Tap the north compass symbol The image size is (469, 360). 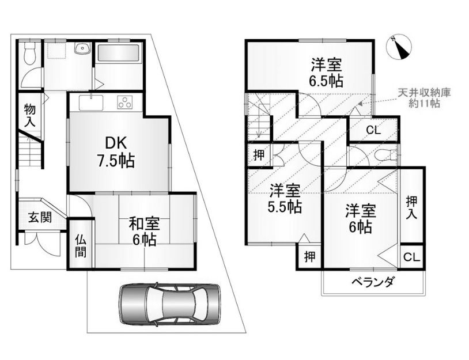click(399, 48)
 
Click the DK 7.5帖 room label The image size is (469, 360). click(115, 152)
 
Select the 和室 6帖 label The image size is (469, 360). click(144, 232)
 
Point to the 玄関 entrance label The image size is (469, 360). click(40, 217)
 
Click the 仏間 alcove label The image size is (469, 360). click(81, 246)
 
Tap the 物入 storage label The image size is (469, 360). click(30, 115)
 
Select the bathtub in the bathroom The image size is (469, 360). click(119, 54)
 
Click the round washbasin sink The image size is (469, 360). click(82, 49)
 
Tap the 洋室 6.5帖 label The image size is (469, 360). click(326, 73)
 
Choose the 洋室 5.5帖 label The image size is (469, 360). click(285, 199)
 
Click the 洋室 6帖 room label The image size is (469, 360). click(361, 218)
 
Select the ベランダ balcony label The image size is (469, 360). click(372, 282)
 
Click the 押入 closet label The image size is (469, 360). click(412, 208)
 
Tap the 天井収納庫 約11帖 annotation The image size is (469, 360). click(424, 98)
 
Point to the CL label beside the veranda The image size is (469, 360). click(412, 257)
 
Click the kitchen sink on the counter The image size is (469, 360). click(91, 102)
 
